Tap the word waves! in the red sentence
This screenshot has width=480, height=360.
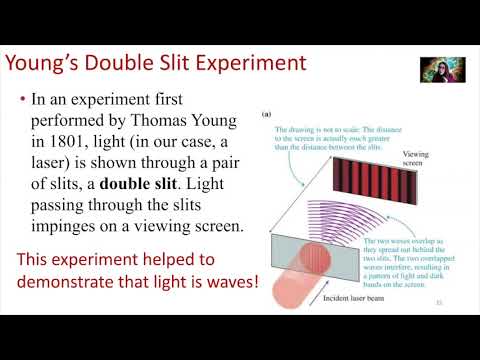click(x=229, y=283)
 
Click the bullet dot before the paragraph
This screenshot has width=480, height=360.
click(x=22, y=100)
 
